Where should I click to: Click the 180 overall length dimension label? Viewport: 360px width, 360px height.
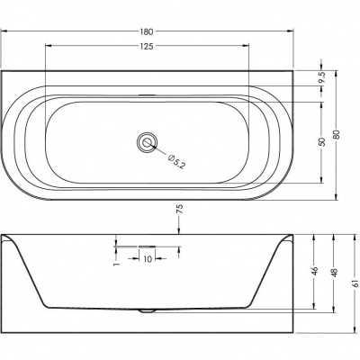pos(147,31)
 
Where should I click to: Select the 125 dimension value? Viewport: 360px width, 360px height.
pos(147,46)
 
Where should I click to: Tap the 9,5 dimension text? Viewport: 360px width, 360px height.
pos(322,77)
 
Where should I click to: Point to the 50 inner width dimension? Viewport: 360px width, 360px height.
pos(322,141)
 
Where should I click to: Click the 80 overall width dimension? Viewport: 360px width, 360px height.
pos(337,134)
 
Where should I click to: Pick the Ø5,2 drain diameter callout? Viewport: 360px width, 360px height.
pos(176,161)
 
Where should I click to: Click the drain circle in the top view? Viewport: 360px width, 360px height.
pos(147,141)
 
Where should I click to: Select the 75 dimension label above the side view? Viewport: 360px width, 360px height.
pos(180,209)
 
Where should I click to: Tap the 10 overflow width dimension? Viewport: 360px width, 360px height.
pos(148,259)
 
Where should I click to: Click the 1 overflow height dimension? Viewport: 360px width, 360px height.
pos(117,264)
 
